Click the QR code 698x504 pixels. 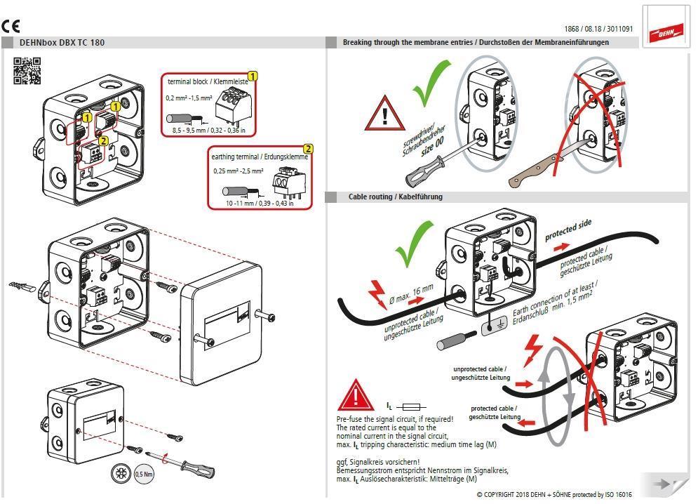27,71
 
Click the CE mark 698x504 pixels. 11,27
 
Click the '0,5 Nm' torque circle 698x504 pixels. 145,473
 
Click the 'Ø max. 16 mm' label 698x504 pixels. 411,295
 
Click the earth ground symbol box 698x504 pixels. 494,326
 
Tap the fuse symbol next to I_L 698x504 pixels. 414,406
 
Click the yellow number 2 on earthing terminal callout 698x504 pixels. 307,149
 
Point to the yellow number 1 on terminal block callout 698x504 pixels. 253,76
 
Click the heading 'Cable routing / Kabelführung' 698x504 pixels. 395,197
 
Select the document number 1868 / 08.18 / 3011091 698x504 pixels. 598,29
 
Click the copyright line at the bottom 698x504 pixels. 554,495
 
